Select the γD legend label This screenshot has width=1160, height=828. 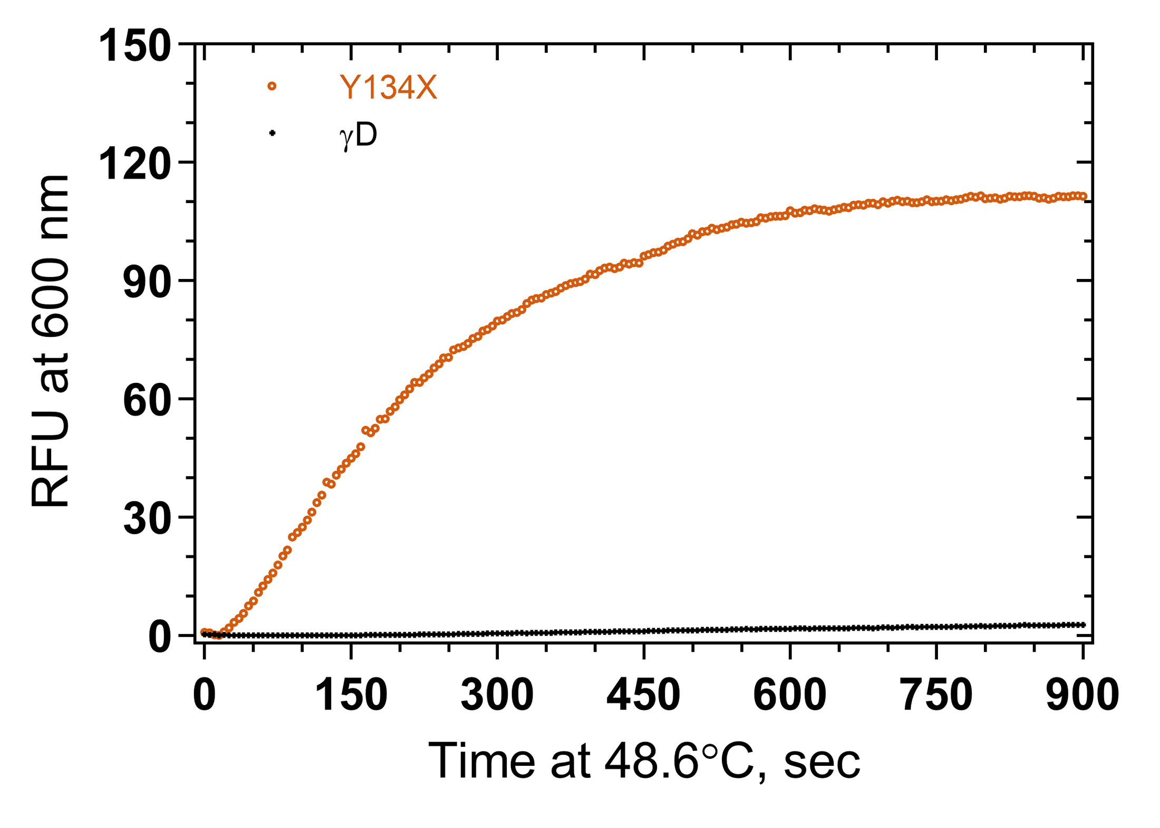[x=359, y=136]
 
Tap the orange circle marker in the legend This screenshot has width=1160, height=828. [x=272, y=86]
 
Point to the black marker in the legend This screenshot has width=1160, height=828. [x=272, y=133]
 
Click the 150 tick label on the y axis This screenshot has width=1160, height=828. [x=135, y=46]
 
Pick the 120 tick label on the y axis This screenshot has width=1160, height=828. [x=135, y=165]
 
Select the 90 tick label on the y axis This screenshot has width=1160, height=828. [x=147, y=283]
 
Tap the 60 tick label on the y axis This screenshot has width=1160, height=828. [x=147, y=401]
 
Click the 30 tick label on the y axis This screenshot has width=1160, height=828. [x=147, y=519]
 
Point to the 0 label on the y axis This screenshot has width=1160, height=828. [x=160, y=638]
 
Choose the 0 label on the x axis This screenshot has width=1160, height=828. [x=205, y=695]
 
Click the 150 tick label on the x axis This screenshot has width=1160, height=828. [x=351, y=695]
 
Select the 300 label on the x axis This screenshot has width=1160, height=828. [x=497, y=695]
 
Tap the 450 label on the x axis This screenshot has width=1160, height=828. [x=643, y=695]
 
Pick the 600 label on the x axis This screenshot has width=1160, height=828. [x=789, y=695]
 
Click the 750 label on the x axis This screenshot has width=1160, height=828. [x=936, y=695]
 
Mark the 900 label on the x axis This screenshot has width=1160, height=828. [x=1082, y=695]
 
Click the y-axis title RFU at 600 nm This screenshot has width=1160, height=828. [x=51, y=341]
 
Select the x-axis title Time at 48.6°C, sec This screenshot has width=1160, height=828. [x=644, y=762]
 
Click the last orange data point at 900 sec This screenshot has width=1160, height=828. [x=1083, y=197]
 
